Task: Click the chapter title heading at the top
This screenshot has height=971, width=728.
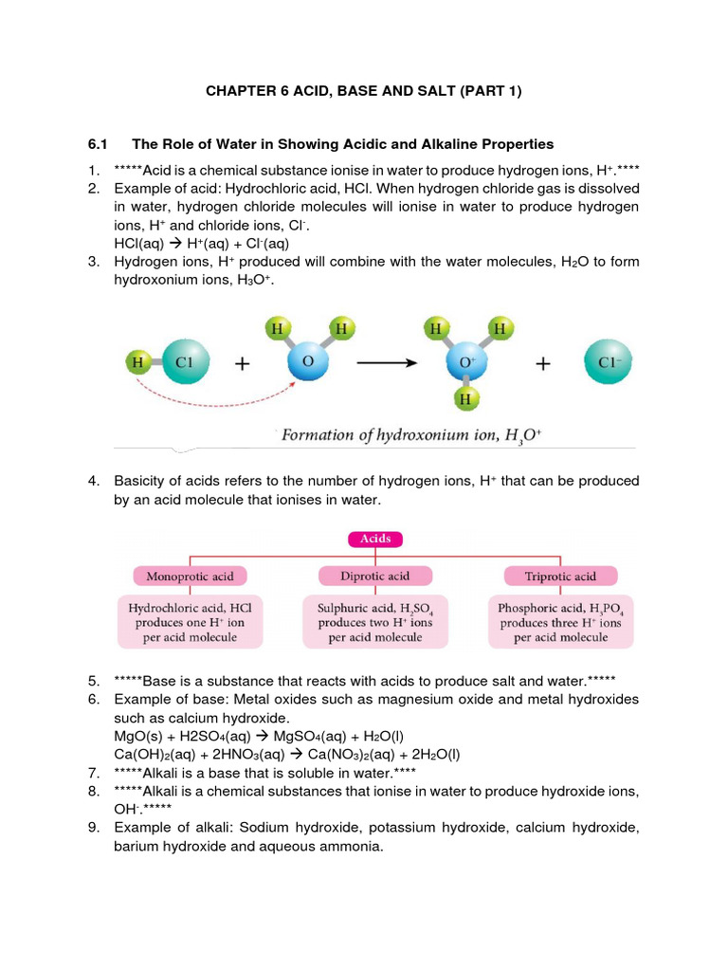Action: tap(364, 91)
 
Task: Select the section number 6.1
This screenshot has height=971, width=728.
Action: tap(98, 144)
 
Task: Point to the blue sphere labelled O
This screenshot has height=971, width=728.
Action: tap(308, 363)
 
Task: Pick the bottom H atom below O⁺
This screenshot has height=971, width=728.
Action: tap(465, 400)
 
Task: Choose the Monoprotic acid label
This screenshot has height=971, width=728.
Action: tap(196, 576)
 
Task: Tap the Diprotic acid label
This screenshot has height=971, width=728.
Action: tap(374, 576)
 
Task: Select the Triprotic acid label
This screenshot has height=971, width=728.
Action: tap(560, 576)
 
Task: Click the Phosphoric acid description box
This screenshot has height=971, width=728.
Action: tap(560, 621)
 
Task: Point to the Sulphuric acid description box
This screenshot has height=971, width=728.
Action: tap(375, 621)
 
